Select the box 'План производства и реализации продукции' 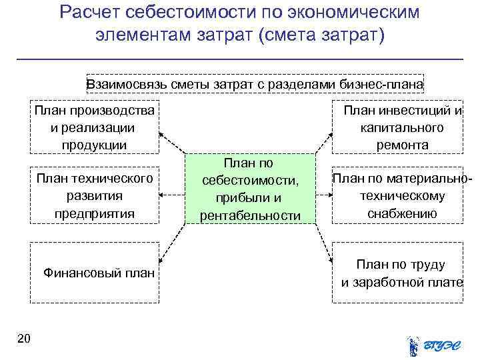(94, 127)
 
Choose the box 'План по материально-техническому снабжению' (398, 195)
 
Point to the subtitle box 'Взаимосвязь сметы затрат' (254, 84)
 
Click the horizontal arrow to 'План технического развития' (173, 195)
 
